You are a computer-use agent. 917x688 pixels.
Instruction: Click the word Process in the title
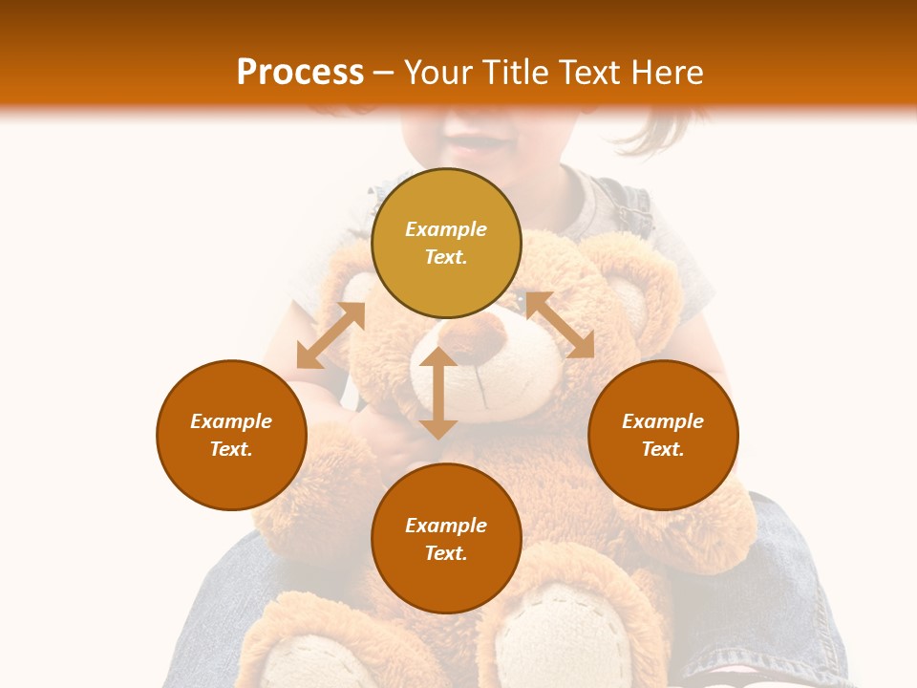click(x=300, y=73)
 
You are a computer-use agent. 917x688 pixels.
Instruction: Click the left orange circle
click(x=231, y=435)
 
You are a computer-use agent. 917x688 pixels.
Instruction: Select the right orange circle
click(x=663, y=435)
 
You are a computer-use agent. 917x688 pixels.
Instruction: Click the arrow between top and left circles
click(x=331, y=335)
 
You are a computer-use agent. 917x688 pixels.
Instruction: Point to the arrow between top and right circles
click(x=559, y=325)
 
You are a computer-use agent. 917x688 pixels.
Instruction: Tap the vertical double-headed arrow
click(x=438, y=393)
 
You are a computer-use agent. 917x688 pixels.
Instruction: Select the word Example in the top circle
click(x=446, y=229)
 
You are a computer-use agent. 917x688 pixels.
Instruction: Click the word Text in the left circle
click(x=230, y=449)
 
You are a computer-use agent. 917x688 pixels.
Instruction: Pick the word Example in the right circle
click(x=663, y=421)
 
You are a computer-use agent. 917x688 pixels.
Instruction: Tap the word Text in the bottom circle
click(x=445, y=553)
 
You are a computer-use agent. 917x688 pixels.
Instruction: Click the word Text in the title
click(x=589, y=73)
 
